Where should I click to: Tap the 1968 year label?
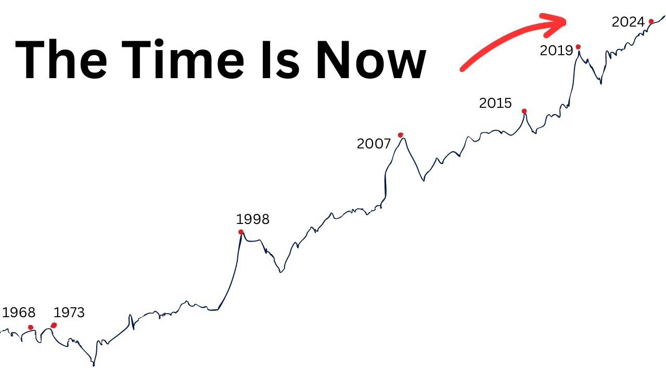point(19,312)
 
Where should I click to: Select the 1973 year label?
point(69,312)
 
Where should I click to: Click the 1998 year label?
point(253,219)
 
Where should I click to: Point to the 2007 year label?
point(374,144)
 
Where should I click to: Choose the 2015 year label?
point(495,103)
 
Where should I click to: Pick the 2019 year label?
point(556,51)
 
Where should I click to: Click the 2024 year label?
point(628,22)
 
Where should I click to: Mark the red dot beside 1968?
point(31,327)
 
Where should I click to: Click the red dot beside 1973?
point(54,326)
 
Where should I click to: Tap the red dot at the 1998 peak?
point(240,232)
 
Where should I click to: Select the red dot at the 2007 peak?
point(401,135)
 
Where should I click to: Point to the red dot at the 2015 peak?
point(524,111)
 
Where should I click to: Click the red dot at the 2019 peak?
point(578,47)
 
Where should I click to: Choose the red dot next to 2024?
point(651,21)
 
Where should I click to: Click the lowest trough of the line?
point(94,364)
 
